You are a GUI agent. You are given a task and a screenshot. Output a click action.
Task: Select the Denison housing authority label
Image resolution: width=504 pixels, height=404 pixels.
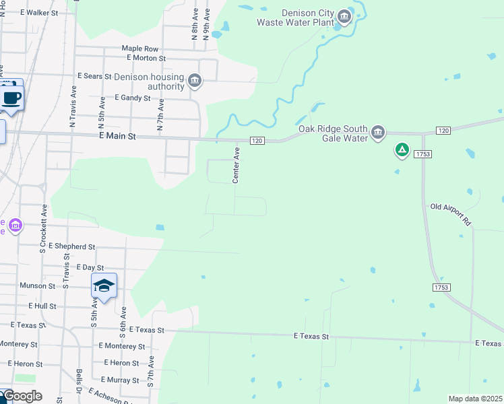click(149, 81)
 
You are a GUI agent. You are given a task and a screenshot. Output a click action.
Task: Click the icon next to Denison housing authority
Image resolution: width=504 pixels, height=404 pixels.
click(195, 81)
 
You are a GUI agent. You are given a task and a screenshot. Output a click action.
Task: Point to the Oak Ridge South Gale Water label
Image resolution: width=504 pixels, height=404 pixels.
click(333, 133)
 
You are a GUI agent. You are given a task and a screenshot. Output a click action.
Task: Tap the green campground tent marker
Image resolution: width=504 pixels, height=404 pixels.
click(402, 150)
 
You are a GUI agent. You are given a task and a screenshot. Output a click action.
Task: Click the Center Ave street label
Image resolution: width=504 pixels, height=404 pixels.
click(236, 166)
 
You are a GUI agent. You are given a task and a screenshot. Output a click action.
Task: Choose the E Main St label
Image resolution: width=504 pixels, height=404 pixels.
click(117, 136)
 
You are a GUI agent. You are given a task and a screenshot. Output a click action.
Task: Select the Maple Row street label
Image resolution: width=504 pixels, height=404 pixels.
click(139, 48)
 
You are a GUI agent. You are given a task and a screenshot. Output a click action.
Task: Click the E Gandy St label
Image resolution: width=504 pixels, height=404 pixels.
click(132, 98)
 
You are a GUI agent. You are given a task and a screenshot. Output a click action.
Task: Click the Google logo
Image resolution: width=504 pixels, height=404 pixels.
click(22, 396)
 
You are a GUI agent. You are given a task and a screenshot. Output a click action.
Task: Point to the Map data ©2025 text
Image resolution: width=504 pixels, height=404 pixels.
click(475, 399)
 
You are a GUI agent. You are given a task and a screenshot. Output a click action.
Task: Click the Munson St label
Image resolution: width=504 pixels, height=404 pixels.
click(38, 286)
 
